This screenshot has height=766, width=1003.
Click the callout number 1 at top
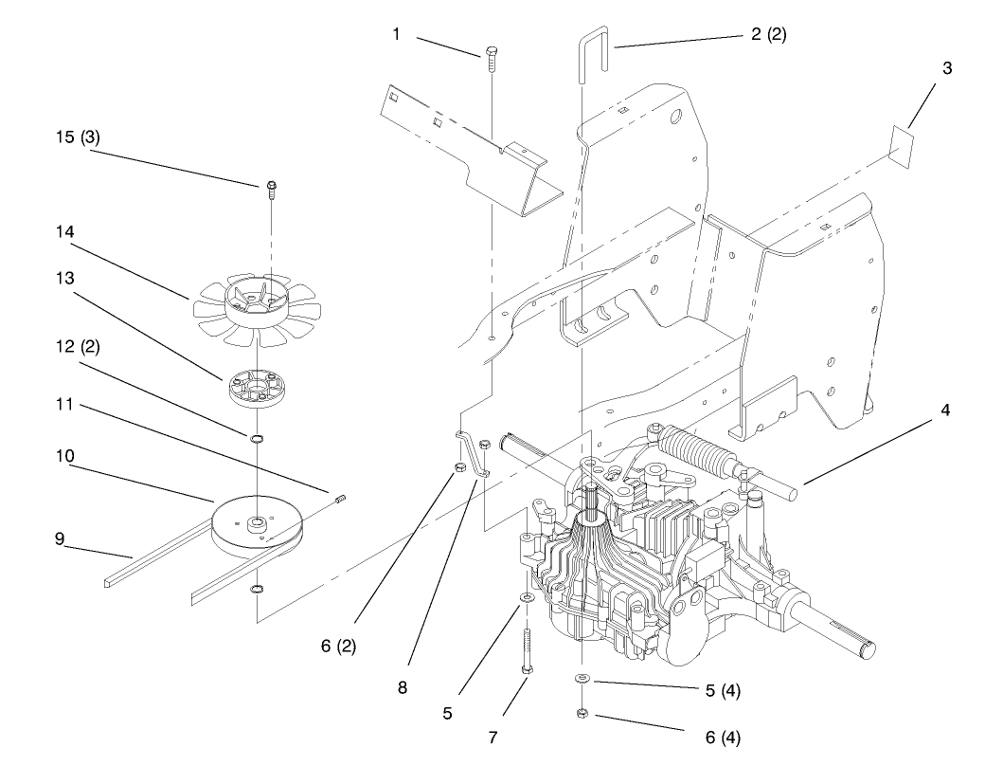[x=397, y=34]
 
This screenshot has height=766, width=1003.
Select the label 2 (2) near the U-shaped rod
[x=768, y=34]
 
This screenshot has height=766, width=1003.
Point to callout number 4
[x=946, y=410]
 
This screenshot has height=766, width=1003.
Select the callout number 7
[x=493, y=735]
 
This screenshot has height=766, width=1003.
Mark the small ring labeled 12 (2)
[x=257, y=439]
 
